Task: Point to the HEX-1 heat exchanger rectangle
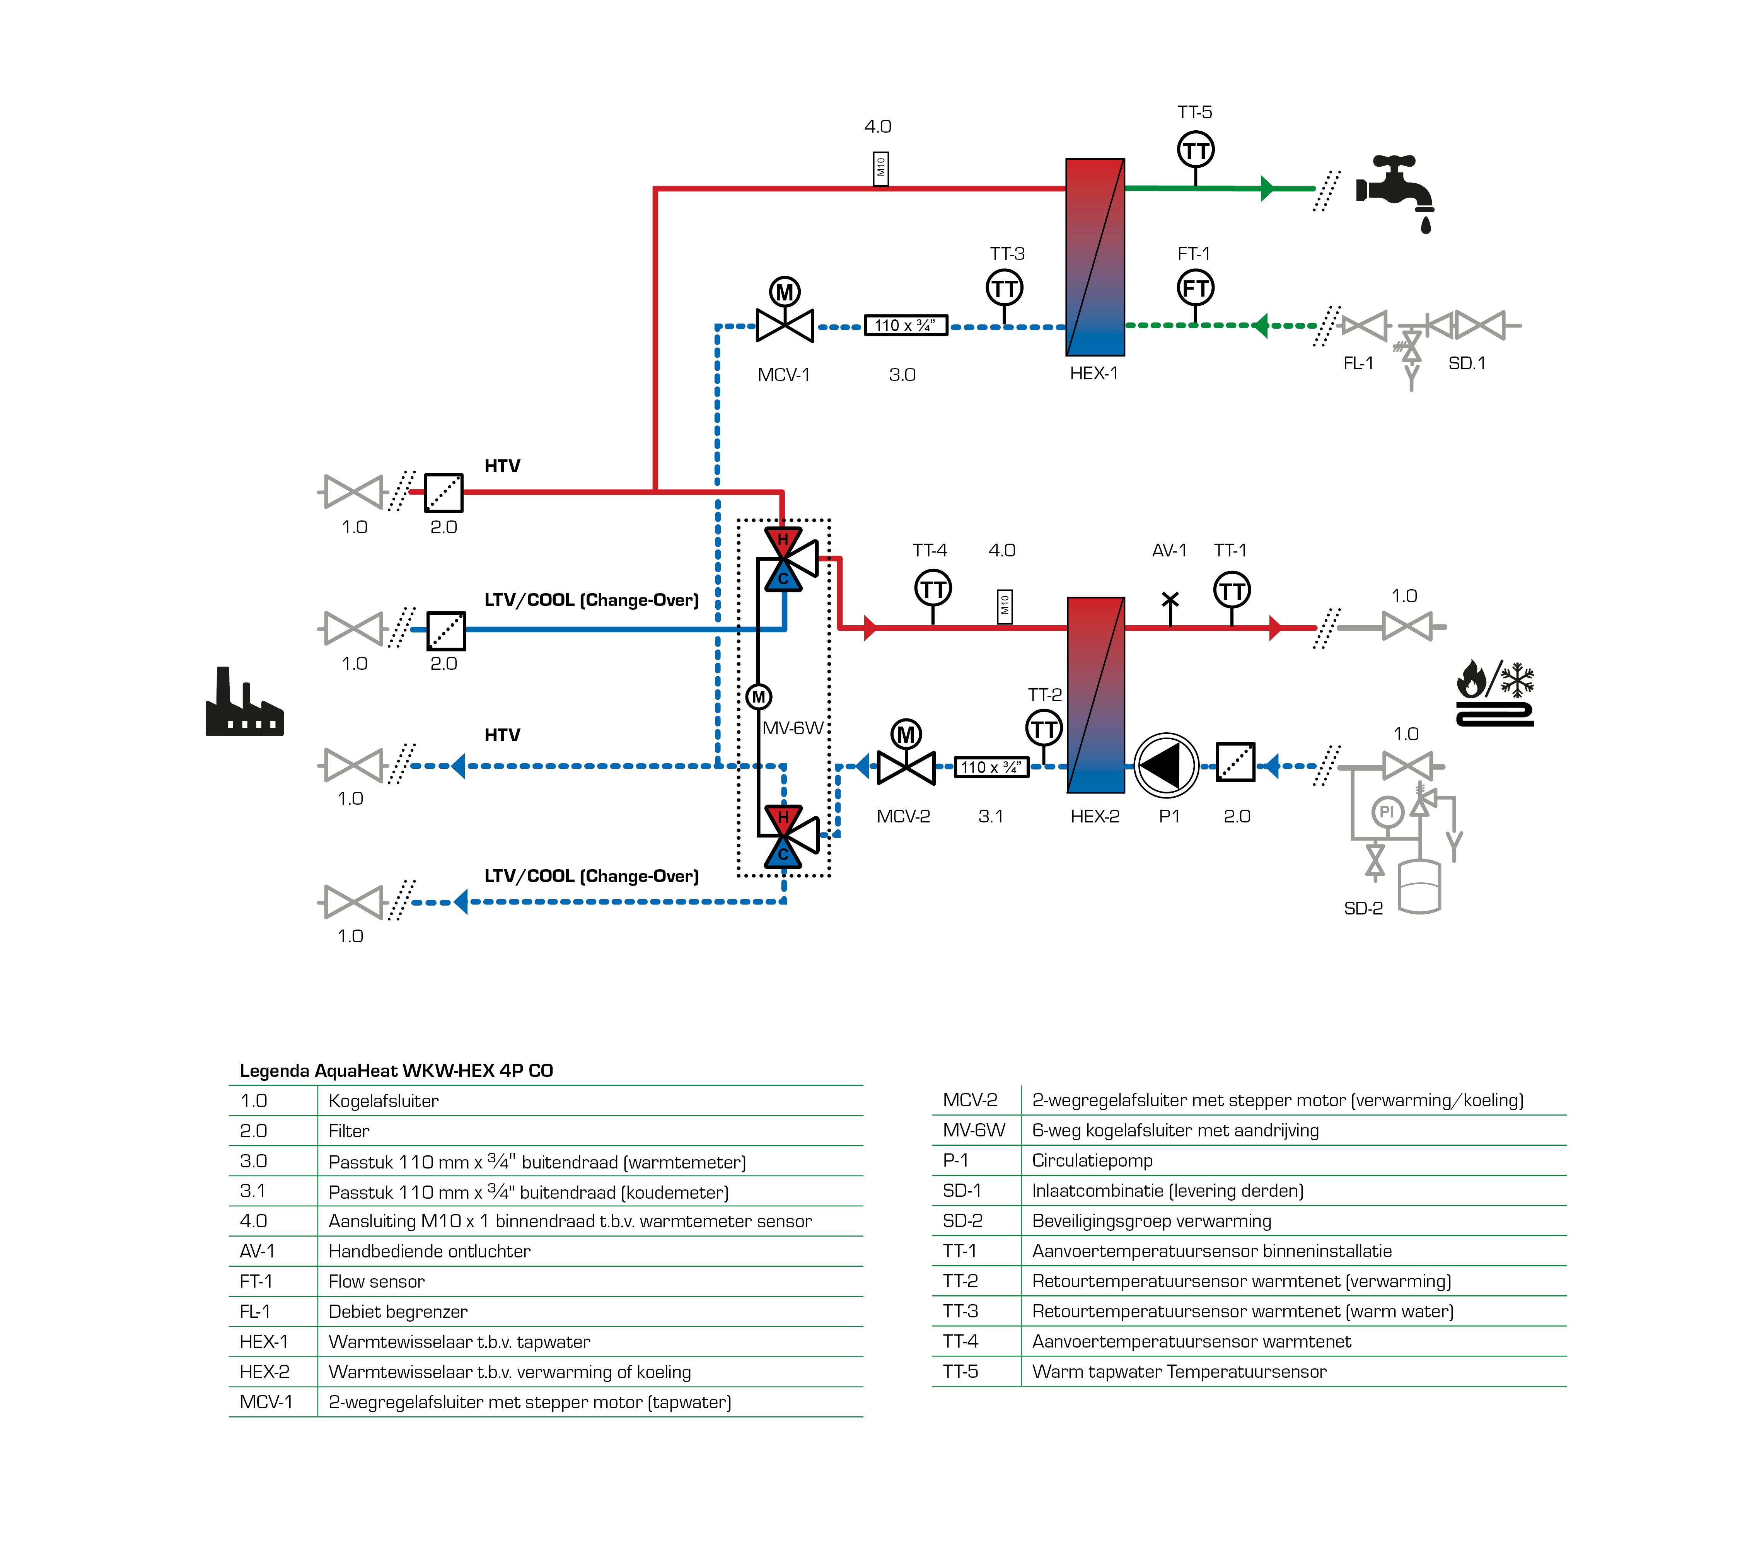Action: pos(1095,256)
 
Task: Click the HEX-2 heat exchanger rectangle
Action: pos(1095,694)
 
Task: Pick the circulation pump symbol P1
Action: pos(1166,765)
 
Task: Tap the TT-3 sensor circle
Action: pos(1004,288)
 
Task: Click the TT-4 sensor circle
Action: pos(933,589)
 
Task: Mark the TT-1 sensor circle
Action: pos(1232,590)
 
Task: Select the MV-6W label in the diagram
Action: pos(793,728)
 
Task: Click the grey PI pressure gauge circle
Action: pos(1386,811)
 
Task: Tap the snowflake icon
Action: pos(1517,679)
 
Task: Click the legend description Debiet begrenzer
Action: pos(397,1311)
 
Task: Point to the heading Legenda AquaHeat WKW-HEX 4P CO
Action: pos(396,1070)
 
